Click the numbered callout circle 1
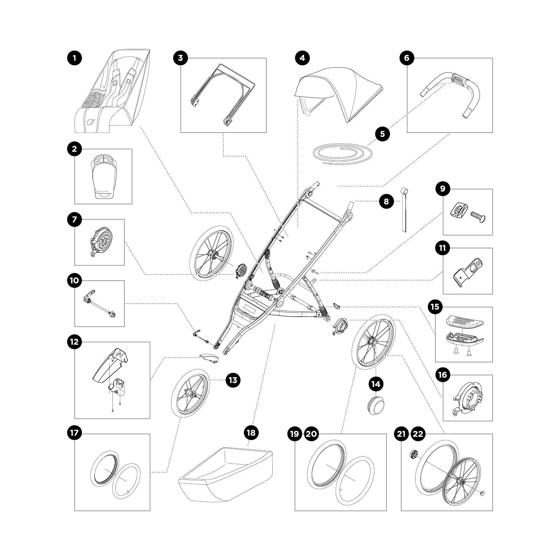pos(74,58)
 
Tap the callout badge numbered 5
pos(382,134)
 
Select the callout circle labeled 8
pos(386,201)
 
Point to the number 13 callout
pos(233,380)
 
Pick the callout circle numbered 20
pos(311,434)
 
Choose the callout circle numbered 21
pos(402,434)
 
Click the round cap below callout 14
pos(375,407)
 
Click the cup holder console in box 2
pos(104,176)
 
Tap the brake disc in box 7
pos(100,242)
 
